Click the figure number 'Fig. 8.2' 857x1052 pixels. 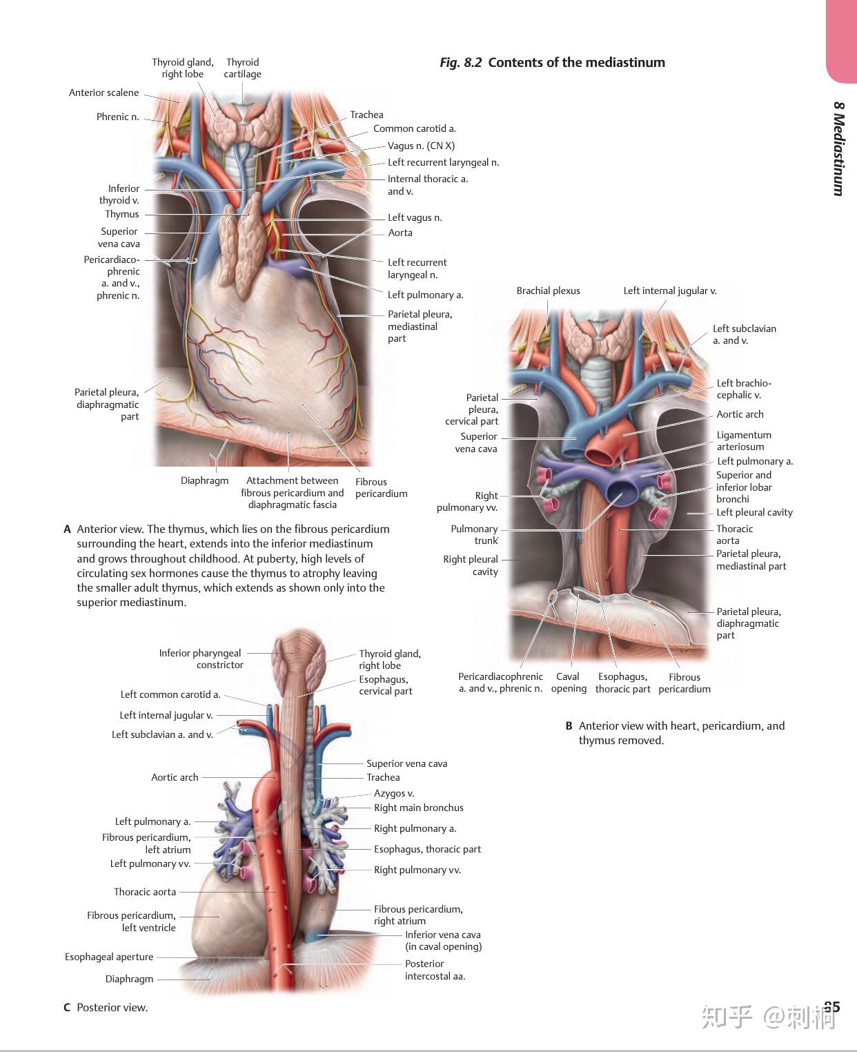coord(460,63)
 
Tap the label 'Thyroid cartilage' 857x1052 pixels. coord(242,68)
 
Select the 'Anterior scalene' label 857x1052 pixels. coord(104,93)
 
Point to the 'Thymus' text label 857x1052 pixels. coord(122,215)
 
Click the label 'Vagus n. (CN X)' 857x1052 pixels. coord(421,146)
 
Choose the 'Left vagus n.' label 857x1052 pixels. coord(415,218)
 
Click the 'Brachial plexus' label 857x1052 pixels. coord(548,291)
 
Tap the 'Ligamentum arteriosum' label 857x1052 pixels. coord(743,441)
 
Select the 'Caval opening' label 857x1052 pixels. coord(569,683)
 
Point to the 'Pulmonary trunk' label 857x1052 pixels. coord(474,535)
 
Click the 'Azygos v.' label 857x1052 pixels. coord(394,793)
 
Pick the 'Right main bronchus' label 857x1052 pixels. coord(419,808)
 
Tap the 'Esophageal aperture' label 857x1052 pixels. coord(109,957)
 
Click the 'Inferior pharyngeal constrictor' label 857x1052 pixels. coord(201,659)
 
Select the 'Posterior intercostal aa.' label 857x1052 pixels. coord(435,970)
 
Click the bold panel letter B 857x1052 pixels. coord(569,726)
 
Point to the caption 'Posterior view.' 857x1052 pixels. coord(112,1008)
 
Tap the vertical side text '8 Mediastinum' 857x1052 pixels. coord(838,148)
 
